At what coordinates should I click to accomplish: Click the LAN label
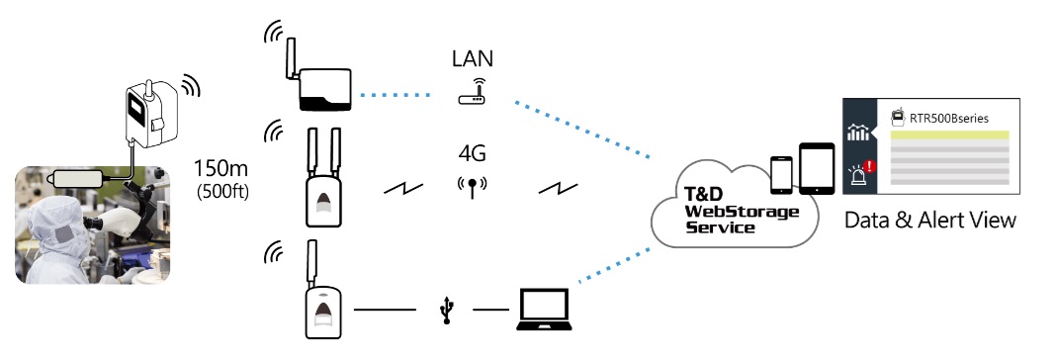pos(472,58)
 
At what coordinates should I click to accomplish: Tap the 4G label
pos(472,153)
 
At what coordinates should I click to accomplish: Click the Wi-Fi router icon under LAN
pos(472,92)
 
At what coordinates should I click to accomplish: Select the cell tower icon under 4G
pos(472,187)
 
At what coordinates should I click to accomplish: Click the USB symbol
pos(446,310)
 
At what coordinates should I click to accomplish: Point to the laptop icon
pos(544,309)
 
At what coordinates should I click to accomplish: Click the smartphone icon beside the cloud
pos(781,174)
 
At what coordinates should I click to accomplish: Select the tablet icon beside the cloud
pos(817,169)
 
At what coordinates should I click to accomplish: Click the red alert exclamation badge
pos(870,165)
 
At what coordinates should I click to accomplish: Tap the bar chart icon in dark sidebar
pos(858,132)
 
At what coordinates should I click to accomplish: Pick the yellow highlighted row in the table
pos(950,135)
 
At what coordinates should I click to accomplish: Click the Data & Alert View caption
pos(930,220)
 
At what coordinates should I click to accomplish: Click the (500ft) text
pos(222,191)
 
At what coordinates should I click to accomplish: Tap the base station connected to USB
pos(322,291)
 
